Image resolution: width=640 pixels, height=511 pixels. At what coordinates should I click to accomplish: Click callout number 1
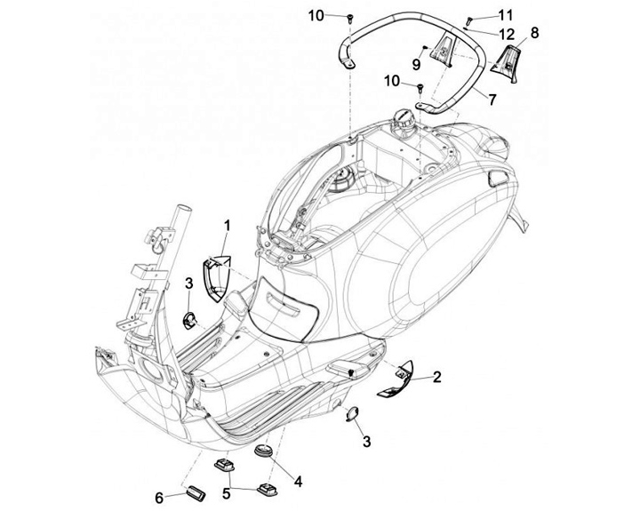227,226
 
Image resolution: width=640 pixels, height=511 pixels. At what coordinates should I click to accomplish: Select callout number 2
436,377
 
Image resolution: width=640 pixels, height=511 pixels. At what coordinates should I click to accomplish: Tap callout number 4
299,482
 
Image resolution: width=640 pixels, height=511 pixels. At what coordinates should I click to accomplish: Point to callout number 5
226,493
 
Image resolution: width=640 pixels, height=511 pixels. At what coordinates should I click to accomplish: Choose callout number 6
159,498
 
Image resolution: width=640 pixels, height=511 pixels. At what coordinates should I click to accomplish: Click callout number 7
492,100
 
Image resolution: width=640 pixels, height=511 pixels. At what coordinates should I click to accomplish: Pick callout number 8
534,33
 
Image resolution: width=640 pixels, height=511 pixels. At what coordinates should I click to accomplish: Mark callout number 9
416,64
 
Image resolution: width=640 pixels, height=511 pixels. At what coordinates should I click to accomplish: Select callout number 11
505,15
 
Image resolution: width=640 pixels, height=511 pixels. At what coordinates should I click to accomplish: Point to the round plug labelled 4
264,451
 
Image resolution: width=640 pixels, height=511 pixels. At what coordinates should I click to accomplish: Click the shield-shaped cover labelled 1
217,278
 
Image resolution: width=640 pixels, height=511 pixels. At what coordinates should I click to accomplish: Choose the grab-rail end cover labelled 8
505,64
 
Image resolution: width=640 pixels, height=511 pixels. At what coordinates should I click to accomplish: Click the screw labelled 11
469,19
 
